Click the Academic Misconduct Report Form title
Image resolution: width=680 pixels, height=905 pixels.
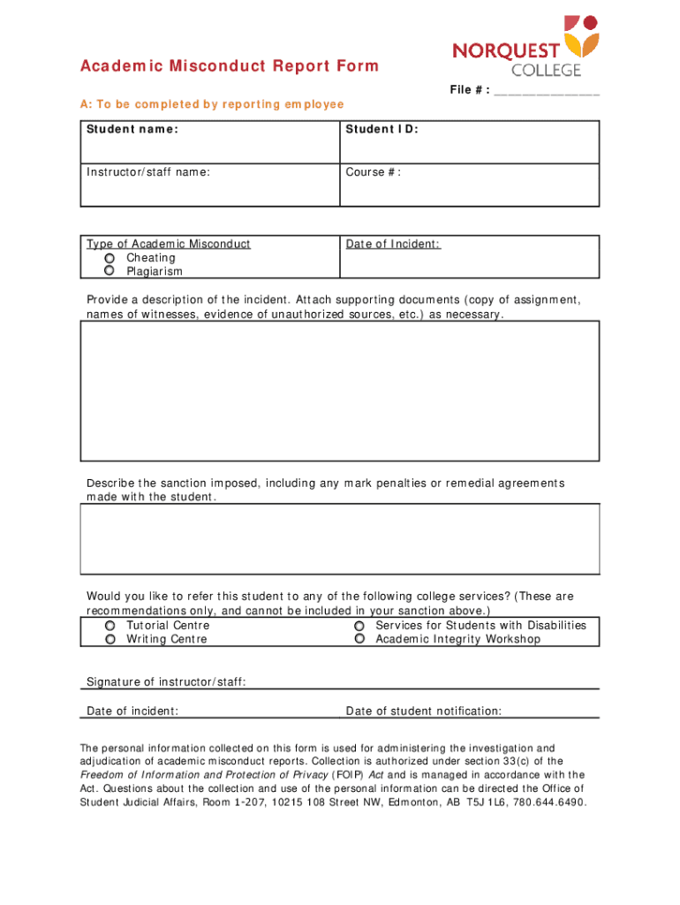click(x=229, y=66)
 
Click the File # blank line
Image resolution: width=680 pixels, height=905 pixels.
click(x=547, y=92)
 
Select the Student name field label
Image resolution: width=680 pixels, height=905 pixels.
click(x=132, y=130)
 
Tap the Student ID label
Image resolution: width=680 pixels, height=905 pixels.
click(x=382, y=130)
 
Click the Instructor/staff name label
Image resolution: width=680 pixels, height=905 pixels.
click(x=148, y=172)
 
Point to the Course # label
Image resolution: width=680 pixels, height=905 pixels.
click(x=373, y=172)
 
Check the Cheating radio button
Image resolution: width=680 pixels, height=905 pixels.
click(x=110, y=258)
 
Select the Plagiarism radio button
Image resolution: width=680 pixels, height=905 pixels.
click(x=110, y=271)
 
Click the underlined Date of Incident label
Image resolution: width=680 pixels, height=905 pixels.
click(x=393, y=244)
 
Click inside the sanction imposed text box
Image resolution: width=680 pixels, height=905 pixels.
click(x=340, y=539)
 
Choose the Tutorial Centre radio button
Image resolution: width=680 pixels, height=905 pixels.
click(x=110, y=626)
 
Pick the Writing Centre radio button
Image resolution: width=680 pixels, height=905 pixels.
click(x=110, y=639)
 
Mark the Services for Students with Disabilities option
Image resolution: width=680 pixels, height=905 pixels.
click(x=359, y=626)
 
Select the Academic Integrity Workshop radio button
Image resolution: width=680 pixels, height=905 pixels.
click(x=359, y=639)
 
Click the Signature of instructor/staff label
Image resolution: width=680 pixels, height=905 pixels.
click(x=166, y=681)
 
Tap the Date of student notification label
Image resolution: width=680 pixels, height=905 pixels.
click(x=424, y=711)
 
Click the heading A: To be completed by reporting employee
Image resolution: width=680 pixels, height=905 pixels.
click(x=212, y=105)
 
